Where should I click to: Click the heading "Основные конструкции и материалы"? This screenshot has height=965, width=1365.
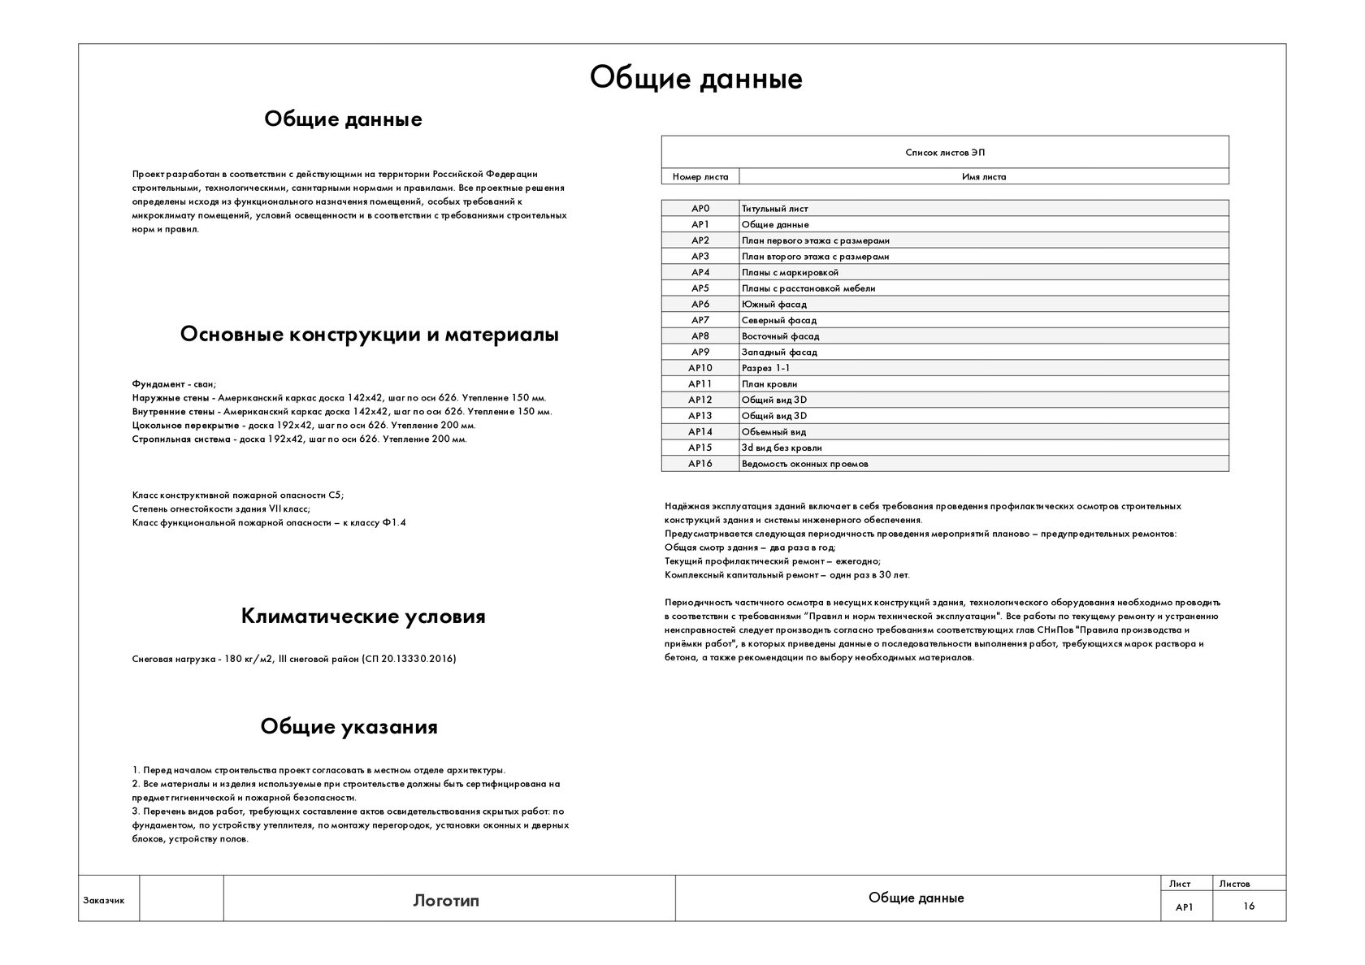[x=369, y=335]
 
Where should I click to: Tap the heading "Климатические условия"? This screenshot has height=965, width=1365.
[x=363, y=617]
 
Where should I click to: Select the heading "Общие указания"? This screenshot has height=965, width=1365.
[x=349, y=726]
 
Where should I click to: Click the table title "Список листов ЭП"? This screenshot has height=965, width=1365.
[x=944, y=153]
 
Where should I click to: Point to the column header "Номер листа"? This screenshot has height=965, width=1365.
[x=700, y=177]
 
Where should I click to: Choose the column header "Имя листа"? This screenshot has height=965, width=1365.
[x=983, y=177]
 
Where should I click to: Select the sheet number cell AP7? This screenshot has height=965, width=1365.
[x=700, y=320]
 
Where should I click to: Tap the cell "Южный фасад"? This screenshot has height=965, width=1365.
[x=773, y=305]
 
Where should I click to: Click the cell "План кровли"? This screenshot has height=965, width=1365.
[x=769, y=384]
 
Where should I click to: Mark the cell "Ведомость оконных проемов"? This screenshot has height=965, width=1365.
[x=804, y=464]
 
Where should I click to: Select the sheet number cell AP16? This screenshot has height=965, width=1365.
[x=700, y=464]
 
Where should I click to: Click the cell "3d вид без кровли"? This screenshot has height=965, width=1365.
[x=782, y=448]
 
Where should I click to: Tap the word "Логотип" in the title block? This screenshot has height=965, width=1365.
[x=446, y=900]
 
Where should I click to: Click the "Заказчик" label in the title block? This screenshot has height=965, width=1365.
[x=104, y=900]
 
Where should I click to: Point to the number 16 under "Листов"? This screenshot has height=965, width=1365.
[x=1248, y=907]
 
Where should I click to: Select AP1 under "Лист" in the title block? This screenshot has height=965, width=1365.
[x=1185, y=907]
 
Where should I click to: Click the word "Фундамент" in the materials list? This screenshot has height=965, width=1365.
[x=156, y=384]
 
